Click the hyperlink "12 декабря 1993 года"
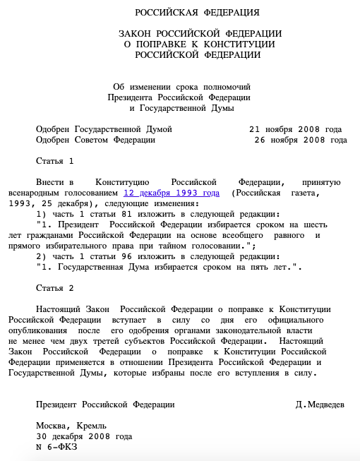click(172, 192)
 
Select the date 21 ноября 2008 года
click(295, 130)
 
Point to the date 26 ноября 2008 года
click(300, 140)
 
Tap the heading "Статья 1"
click(54, 161)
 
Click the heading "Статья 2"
click(54, 289)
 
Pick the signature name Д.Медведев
click(320, 405)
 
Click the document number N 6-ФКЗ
click(56, 447)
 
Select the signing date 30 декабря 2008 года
click(83, 436)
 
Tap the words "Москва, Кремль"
click(71, 426)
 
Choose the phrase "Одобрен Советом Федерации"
click(95, 140)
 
